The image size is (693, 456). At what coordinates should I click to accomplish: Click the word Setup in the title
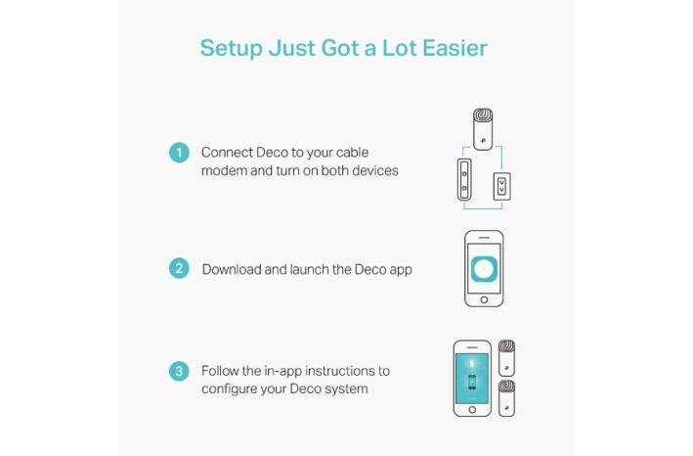coord(231,48)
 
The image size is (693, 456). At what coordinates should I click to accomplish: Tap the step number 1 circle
coord(179,153)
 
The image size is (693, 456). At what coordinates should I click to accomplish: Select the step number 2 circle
coord(179,268)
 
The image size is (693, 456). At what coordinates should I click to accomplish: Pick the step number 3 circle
coord(179,371)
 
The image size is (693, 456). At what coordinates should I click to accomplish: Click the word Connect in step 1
coord(227,153)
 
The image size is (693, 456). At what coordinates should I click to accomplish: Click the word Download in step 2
coord(232,269)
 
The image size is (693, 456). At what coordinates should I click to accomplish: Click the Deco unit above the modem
coord(483,129)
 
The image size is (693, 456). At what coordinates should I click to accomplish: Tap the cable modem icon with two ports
coord(464,180)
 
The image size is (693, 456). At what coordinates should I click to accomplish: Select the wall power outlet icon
coord(501,186)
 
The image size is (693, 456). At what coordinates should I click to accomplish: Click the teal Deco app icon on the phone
coord(484,269)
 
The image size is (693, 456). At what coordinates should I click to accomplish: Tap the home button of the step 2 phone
coord(484,299)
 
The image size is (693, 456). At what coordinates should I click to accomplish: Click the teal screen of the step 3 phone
coord(472,379)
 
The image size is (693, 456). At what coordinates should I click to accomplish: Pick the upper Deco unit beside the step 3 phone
coord(506,358)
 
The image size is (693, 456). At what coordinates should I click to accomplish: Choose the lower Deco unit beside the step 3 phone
coord(506,398)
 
